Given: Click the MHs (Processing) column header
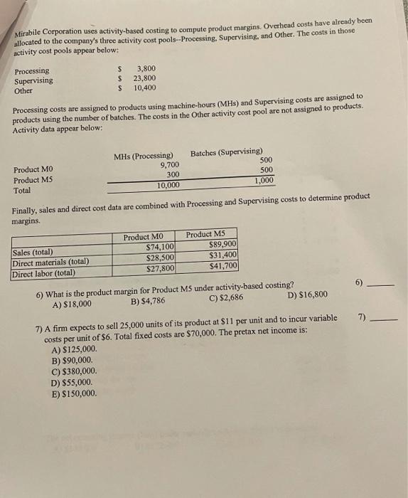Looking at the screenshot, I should click(x=144, y=156).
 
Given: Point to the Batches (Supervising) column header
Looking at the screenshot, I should click(x=226, y=152).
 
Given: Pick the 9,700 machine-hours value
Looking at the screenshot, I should click(x=167, y=165).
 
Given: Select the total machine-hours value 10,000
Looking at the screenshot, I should click(x=168, y=185).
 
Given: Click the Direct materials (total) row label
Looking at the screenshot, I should click(x=50, y=261).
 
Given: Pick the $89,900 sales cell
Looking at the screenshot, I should click(x=222, y=245).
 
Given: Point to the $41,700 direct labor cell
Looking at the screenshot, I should click(x=223, y=266).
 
